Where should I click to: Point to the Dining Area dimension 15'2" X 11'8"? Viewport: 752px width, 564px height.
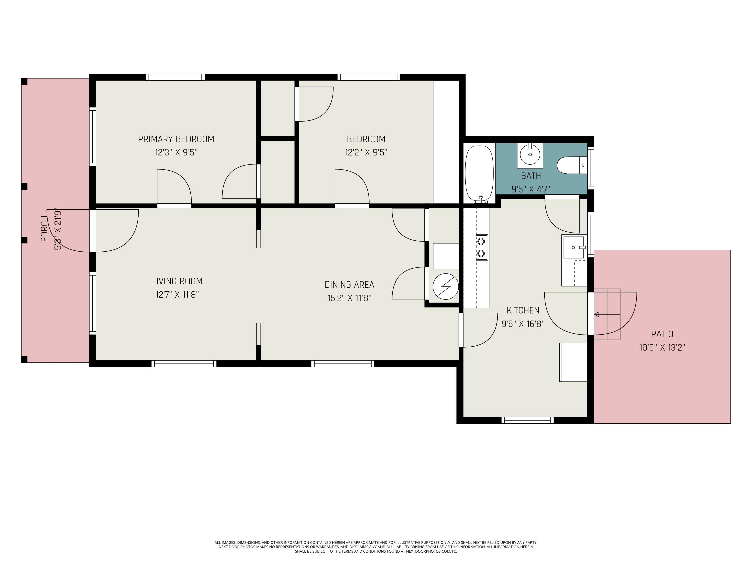point(349,298)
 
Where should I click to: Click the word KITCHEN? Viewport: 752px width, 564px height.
point(523,310)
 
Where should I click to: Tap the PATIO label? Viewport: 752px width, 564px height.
point(662,334)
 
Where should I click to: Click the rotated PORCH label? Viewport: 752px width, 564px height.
point(44,229)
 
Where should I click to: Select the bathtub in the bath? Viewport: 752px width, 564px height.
point(479,173)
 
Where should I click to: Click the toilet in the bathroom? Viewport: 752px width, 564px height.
point(571,165)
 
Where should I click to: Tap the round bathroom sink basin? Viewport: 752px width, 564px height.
point(530,155)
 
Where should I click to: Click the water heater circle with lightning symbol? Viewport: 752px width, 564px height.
point(445,287)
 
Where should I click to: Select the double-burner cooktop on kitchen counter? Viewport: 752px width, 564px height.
point(481,247)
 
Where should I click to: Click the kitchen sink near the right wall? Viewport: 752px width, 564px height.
point(574,247)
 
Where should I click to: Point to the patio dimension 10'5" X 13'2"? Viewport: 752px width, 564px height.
point(662,348)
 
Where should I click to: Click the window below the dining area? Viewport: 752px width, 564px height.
point(343,364)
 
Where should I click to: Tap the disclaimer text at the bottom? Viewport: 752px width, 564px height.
point(376,547)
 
